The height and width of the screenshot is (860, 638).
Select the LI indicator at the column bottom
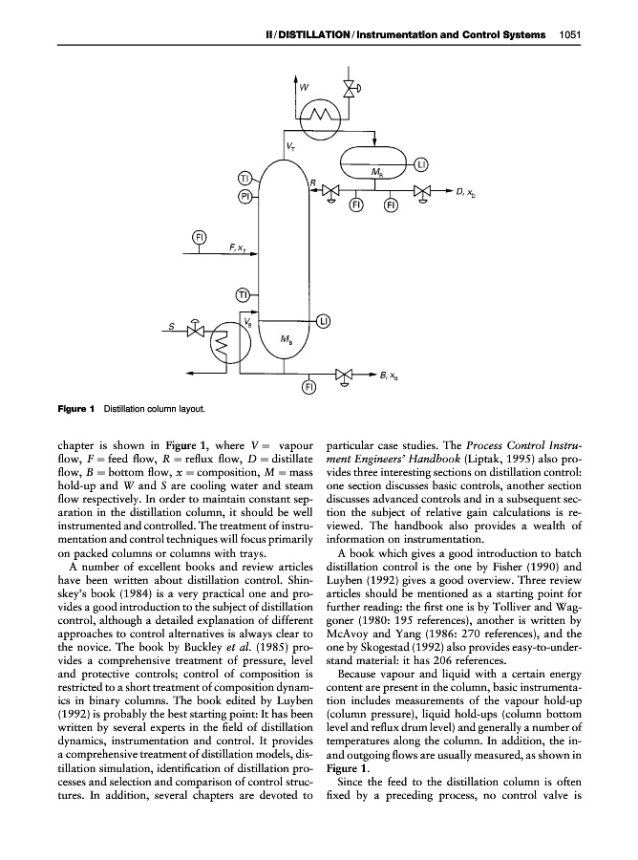[x=324, y=321]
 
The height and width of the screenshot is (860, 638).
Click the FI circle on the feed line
[x=200, y=236]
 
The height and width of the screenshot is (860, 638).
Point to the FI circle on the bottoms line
[x=308, y=386]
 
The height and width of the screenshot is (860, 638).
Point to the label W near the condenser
[x=304, y=87]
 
